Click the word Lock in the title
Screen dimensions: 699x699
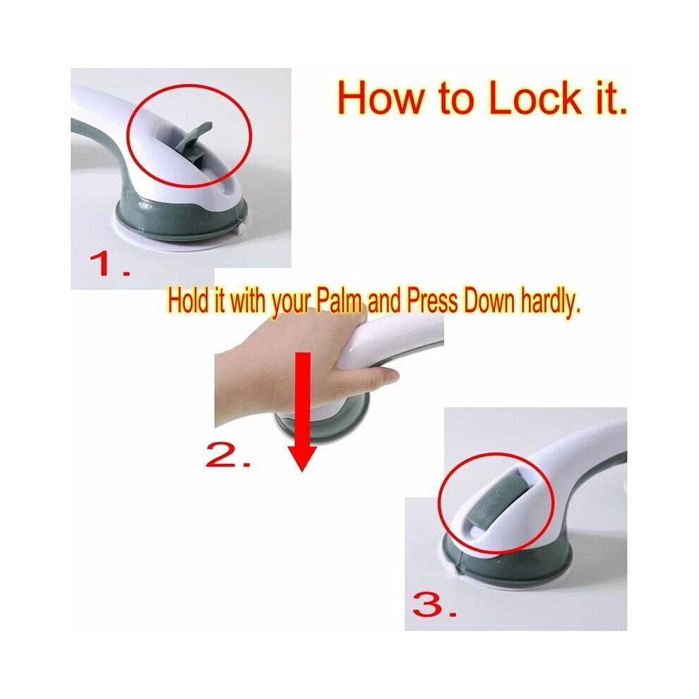(534, 97)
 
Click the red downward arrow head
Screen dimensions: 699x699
(302, 458)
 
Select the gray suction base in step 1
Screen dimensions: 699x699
(181, 216)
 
